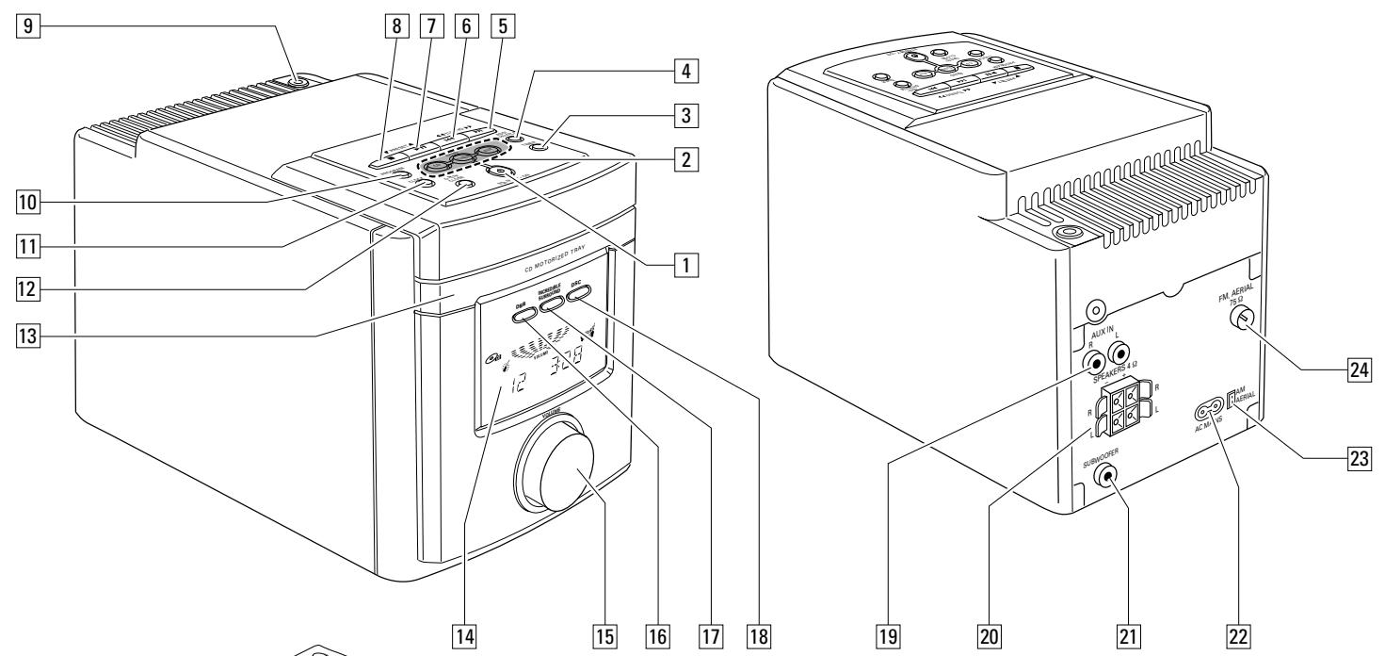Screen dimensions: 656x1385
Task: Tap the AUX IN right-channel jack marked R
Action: [x=1096, y=361]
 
